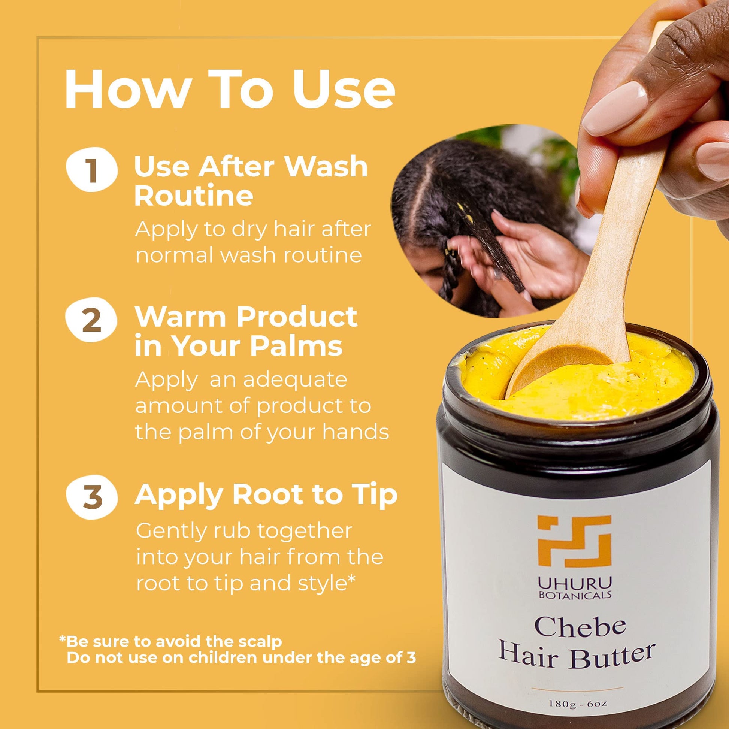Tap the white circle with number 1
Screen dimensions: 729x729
(92, 169)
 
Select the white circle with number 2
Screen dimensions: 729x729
(92, 320)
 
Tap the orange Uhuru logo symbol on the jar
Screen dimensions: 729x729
(575, 541)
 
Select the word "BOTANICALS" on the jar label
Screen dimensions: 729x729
(575, 595)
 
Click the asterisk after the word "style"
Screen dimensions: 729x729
(351, 579)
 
